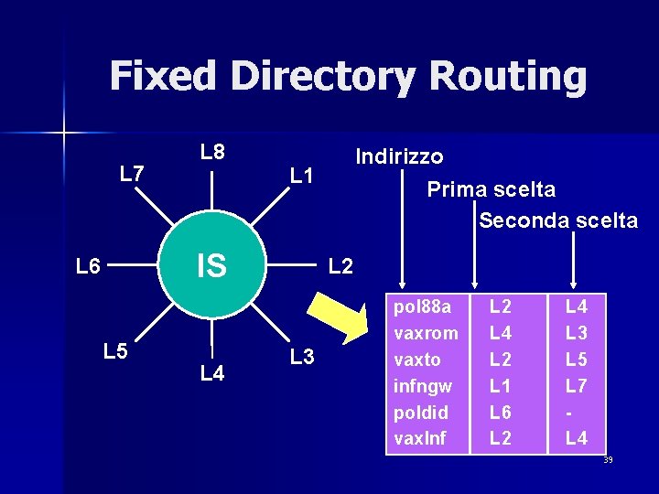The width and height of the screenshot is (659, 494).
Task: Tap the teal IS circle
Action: tap(212, 266)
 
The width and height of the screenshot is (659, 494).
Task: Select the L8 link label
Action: tap(212, 152)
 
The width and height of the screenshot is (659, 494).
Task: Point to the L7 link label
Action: tap(133, 172)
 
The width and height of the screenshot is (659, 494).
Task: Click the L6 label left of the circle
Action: tap(89, 266)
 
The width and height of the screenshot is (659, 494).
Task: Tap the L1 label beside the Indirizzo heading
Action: tap(302, 174)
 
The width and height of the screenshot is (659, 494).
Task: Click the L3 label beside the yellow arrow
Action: tap(302, 357)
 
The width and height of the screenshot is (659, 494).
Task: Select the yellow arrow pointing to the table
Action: tap(335, 316)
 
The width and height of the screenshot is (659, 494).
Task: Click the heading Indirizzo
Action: tap(399, 156)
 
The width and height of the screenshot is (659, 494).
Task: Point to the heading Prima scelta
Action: tap(491, 189)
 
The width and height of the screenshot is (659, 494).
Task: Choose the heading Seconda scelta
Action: tap(558, 220)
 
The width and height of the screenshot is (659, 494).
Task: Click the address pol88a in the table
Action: tap(423, 305)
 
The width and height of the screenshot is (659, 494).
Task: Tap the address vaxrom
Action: tap(426, 332)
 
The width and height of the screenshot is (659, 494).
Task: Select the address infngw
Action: tap(422, 385)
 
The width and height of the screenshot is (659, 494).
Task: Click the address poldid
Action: tap(420, 412)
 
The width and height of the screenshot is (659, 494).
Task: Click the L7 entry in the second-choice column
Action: tap(576, 385)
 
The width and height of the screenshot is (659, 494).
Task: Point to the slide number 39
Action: tap(608, 459)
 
